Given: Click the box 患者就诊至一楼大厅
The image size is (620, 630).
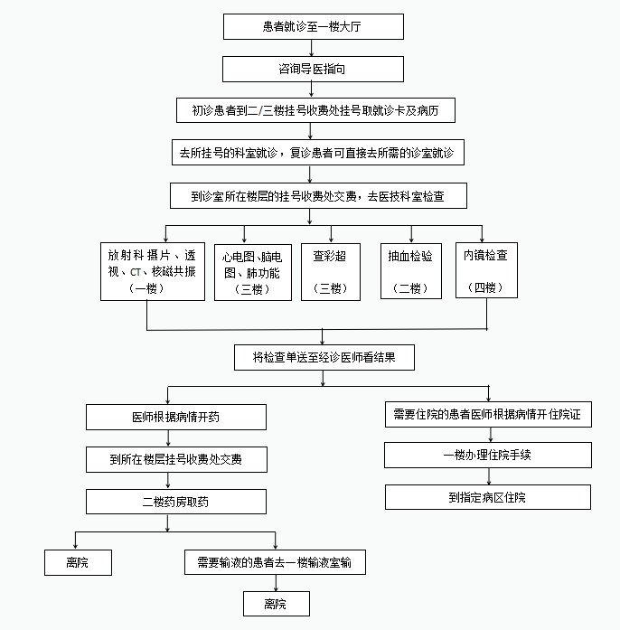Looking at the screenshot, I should pos(311,26).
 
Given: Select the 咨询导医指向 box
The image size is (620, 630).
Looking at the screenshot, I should pos(311,69).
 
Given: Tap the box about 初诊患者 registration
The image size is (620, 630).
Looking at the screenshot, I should pos(311,110).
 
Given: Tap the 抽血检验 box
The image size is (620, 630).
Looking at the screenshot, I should pos(411,270).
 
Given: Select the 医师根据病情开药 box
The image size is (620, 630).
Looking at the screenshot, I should pos(176,418).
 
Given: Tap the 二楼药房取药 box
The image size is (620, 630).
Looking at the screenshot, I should pos(176,502).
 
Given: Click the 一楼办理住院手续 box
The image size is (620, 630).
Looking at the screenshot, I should pos(487,456).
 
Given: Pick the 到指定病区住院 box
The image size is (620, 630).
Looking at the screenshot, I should pos(487,497).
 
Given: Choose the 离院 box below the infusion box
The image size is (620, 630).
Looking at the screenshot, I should pos(276,604).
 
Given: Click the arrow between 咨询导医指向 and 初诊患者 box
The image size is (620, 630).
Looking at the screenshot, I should pos(311,89).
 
